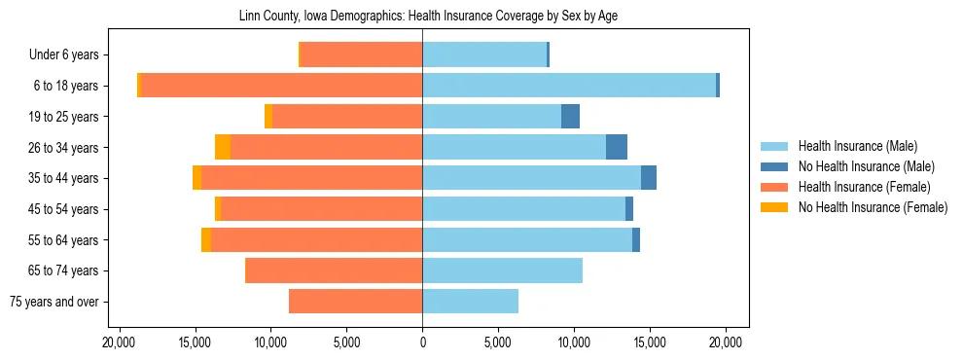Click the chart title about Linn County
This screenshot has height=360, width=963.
(x=429, y=17)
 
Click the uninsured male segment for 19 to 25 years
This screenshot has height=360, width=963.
(x=570, y=117)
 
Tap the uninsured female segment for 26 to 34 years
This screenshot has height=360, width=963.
(x=223, y=148)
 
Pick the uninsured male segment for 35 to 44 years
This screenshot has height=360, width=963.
(x=649, y=178)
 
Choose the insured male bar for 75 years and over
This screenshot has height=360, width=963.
(x=470, y=302)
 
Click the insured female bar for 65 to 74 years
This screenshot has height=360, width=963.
(x=334, y=270)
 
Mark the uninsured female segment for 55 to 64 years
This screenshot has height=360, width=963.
(x=206, y=240)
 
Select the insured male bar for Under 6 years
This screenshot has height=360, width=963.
(x=484, y=55)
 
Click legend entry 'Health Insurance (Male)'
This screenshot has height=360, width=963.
(x=857, y=146)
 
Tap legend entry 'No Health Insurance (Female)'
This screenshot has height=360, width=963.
(x=873, y=207)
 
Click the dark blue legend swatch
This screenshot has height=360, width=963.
(x=773, y=166)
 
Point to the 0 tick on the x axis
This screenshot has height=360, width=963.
(x=422, y=342)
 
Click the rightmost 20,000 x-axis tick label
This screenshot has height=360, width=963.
(x=726, y=342)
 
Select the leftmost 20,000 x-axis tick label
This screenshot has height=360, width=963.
(x=119, y=342)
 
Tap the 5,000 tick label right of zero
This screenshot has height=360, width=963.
(x=498, y=342)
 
